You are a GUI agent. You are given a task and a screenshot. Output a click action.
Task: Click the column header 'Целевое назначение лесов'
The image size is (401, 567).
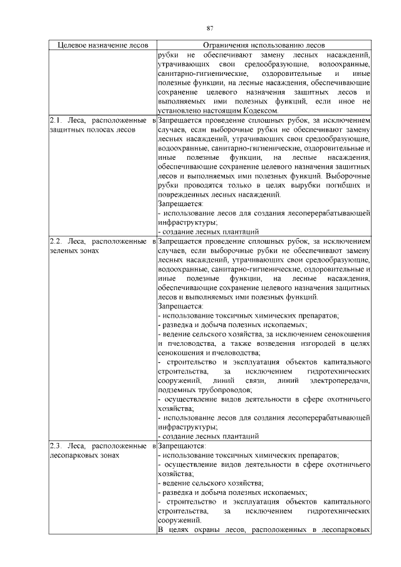click(103, 46)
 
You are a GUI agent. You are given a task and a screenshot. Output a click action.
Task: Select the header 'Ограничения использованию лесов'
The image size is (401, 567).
click(264, 46)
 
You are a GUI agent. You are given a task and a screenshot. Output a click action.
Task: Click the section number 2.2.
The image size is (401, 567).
click(55, 240)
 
